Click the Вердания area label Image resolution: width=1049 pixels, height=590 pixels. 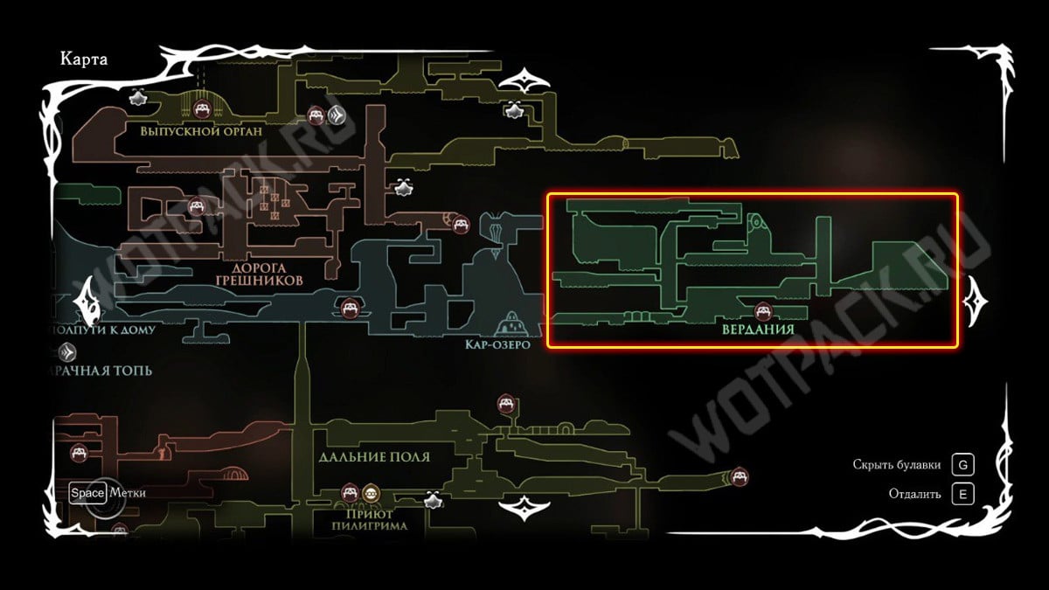tap(758, 330)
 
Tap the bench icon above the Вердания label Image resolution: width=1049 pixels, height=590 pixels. tap(762, 310)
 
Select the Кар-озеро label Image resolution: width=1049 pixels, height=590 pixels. tap(497, 344)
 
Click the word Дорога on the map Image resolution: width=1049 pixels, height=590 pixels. tap(260, 267)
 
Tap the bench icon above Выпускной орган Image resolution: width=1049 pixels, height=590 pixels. tap(201, 108)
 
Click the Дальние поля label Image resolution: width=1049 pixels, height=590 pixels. tap(374, 457)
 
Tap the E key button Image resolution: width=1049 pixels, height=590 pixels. tap(962, 494)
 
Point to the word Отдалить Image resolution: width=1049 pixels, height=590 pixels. tap(914, 494)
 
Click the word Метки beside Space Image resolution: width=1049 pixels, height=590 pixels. tap(128, 492)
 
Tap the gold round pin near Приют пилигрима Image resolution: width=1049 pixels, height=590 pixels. tap(372, 493)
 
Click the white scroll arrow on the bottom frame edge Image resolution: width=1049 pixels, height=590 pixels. tap(524, 507)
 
